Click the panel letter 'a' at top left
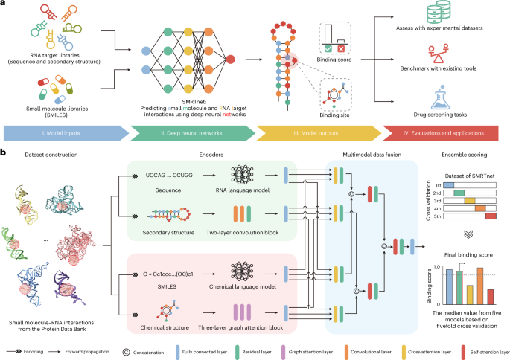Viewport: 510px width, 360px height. [4, 4]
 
